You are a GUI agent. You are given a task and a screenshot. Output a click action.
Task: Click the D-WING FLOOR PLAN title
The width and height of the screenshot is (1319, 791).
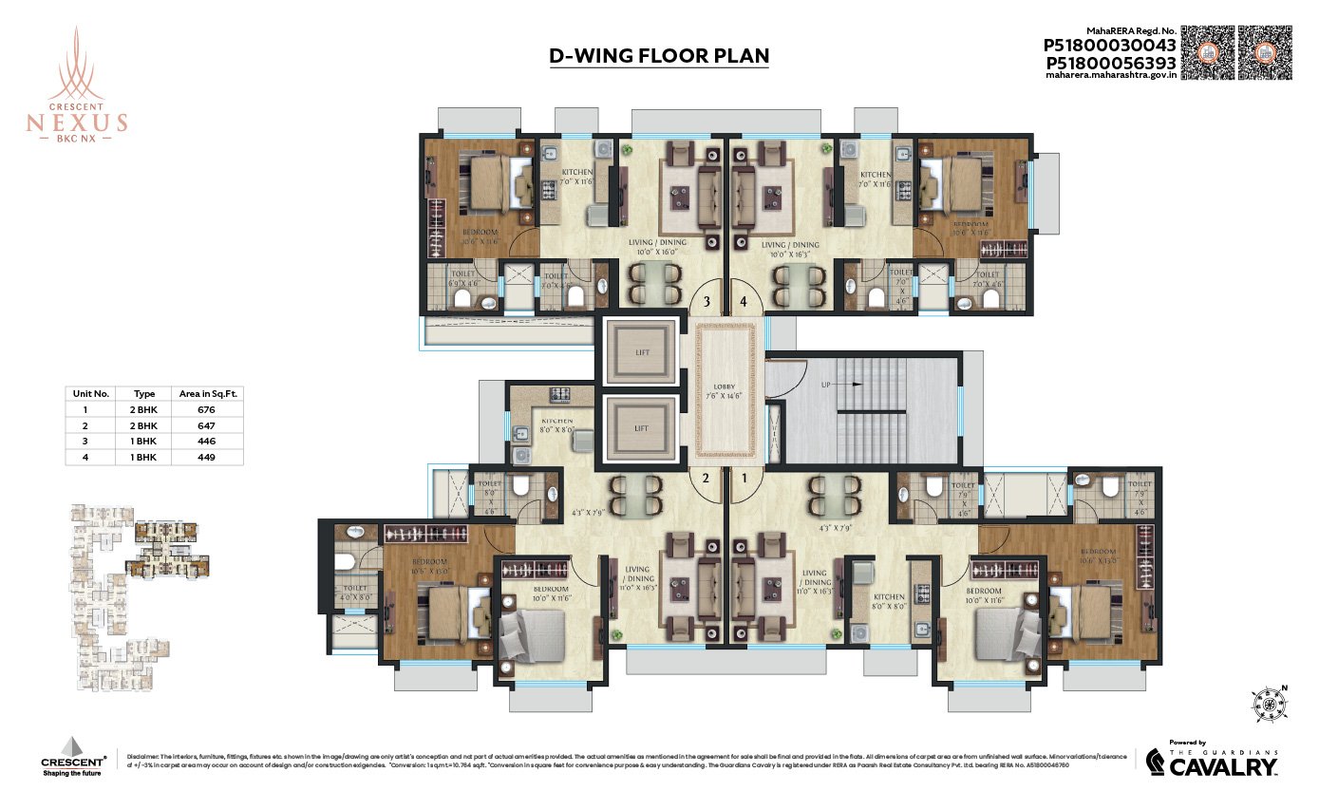pos(659,56)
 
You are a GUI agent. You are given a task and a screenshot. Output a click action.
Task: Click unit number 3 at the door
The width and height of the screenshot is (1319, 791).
pos(706,303)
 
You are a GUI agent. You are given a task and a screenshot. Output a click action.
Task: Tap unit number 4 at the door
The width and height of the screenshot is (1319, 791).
pos(744,303)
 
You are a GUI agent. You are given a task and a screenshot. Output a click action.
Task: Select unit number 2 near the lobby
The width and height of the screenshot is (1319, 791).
pos(706,478)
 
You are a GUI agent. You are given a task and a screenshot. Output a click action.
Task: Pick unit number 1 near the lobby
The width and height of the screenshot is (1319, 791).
pos(745,478)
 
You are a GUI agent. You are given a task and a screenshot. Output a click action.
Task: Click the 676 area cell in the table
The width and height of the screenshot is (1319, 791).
pos(206,409)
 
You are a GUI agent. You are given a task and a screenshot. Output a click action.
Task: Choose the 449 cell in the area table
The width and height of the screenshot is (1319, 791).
pos(206,457)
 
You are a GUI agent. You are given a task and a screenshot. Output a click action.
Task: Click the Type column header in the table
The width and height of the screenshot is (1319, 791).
pos(144,392)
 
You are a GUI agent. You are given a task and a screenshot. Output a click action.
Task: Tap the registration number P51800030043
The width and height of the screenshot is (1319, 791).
pos(1110,45)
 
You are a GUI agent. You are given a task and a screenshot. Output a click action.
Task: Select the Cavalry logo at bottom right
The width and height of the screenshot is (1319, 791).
pos(1212,761)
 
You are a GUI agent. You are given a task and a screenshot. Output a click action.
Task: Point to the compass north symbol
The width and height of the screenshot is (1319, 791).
pos(1270,704)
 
